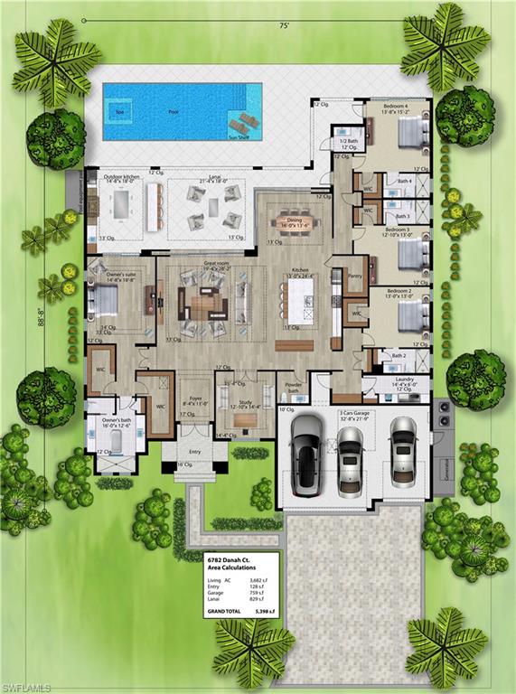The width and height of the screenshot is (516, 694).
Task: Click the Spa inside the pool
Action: (x=119, y=112)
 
